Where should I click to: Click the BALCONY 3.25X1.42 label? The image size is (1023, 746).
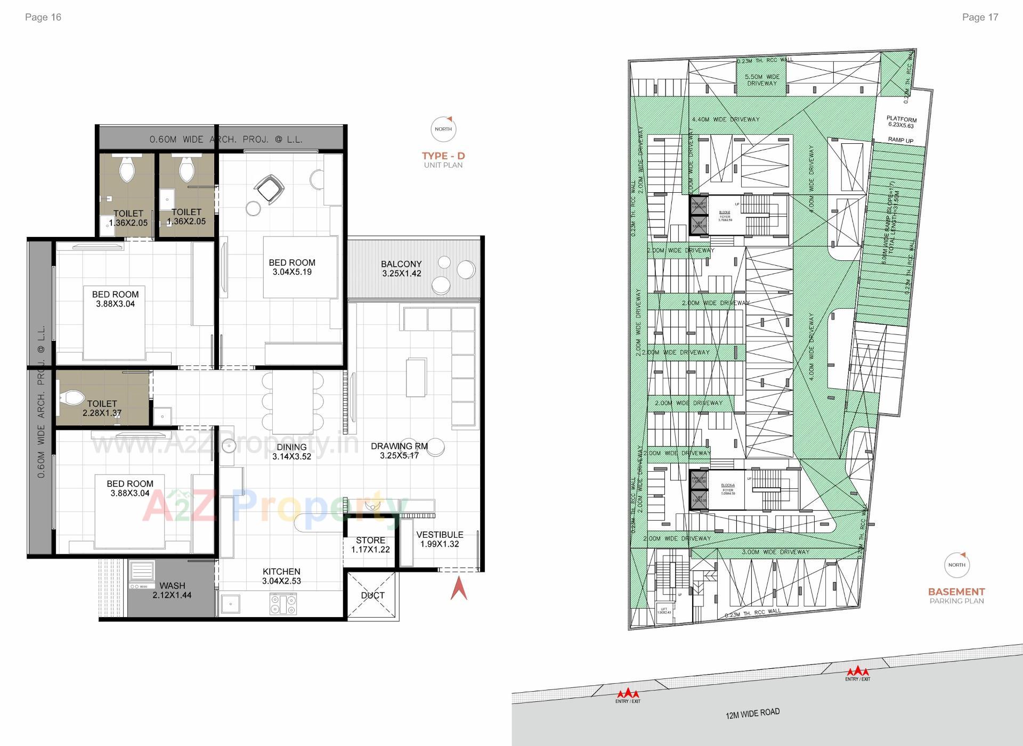point(401,268)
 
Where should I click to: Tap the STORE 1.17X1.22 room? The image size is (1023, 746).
point(370,545)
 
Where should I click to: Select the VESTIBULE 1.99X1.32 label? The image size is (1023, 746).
point(440,539)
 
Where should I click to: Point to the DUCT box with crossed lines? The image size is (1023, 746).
point(372,595)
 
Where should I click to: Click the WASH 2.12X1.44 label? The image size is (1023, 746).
point(172,590)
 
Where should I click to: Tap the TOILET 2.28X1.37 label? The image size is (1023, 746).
point(102,408)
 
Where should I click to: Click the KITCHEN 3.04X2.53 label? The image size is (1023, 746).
point(281,576)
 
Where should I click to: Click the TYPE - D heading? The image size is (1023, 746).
point(443,156)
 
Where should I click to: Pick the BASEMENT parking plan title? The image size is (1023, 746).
point(956,592)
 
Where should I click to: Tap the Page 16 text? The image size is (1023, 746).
point(43,17)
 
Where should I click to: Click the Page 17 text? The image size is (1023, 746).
point(980,17)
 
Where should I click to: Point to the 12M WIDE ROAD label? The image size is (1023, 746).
point(752,714)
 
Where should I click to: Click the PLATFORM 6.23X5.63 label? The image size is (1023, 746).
point(902,122)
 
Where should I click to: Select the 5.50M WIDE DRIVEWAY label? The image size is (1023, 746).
point(762,80)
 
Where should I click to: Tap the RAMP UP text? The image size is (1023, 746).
point(900,141)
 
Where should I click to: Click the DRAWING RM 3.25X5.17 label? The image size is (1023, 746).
point(399,450)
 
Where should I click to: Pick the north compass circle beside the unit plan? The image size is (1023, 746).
point(443,129)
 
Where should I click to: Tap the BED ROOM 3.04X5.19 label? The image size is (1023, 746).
point(292,267)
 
